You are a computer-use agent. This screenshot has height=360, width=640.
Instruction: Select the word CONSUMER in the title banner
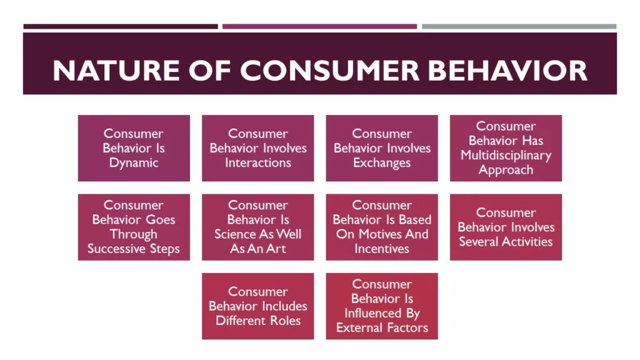click(330, 71)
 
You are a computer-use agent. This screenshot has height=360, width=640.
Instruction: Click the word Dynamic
click(134, 163)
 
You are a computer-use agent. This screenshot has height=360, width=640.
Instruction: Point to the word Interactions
click(258, 163)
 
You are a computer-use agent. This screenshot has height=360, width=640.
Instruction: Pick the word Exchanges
click(382, 163)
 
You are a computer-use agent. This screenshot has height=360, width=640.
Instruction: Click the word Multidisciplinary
click(506, 155)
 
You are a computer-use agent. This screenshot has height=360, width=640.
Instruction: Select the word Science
click(236, 234)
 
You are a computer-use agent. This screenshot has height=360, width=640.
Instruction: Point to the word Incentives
click(382, 249)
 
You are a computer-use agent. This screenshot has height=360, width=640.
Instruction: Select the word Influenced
click(372, 314)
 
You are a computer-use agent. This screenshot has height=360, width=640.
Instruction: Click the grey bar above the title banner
click(519, 26)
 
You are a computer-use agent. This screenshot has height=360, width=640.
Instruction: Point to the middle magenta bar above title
click(319, 26)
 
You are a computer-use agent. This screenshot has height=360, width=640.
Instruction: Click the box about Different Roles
click(257, 306)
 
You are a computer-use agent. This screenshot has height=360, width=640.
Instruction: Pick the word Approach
click(506, 170)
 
